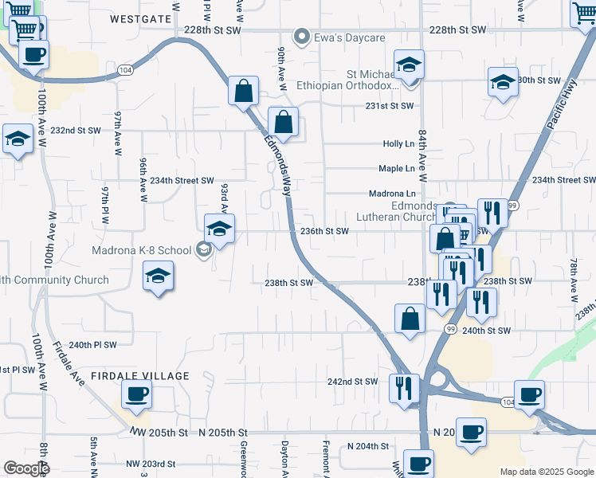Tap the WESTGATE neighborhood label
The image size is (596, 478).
(140, 18)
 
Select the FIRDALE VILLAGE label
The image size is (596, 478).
(140, 376)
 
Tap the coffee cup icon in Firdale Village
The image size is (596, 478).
(136, 393)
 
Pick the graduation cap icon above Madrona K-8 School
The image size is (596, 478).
(219, 229)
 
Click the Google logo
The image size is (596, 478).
(26, 468)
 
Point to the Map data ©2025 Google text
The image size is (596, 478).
(546, 472)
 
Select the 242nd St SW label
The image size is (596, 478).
(352, 382)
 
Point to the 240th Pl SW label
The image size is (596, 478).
(92, 345)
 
